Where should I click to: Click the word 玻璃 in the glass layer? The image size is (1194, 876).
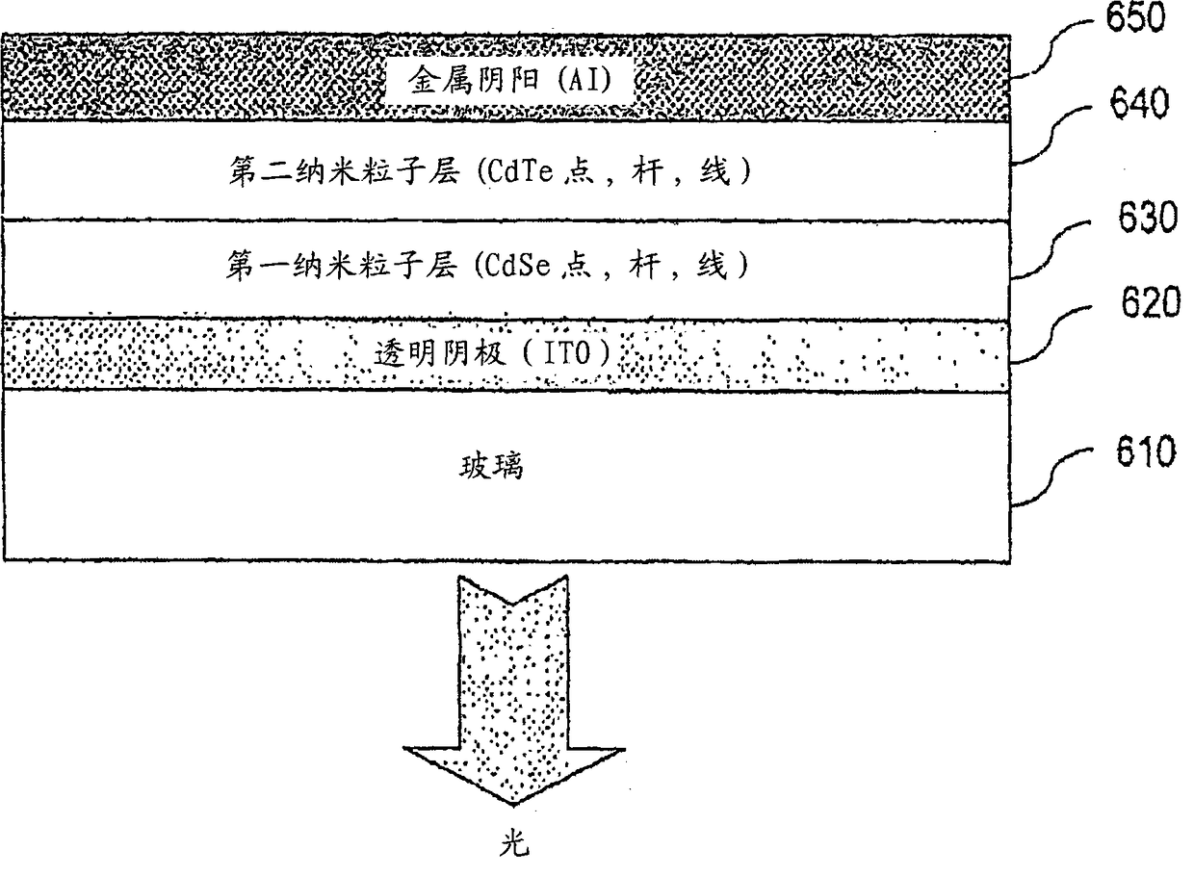click(x=493, y=470)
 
